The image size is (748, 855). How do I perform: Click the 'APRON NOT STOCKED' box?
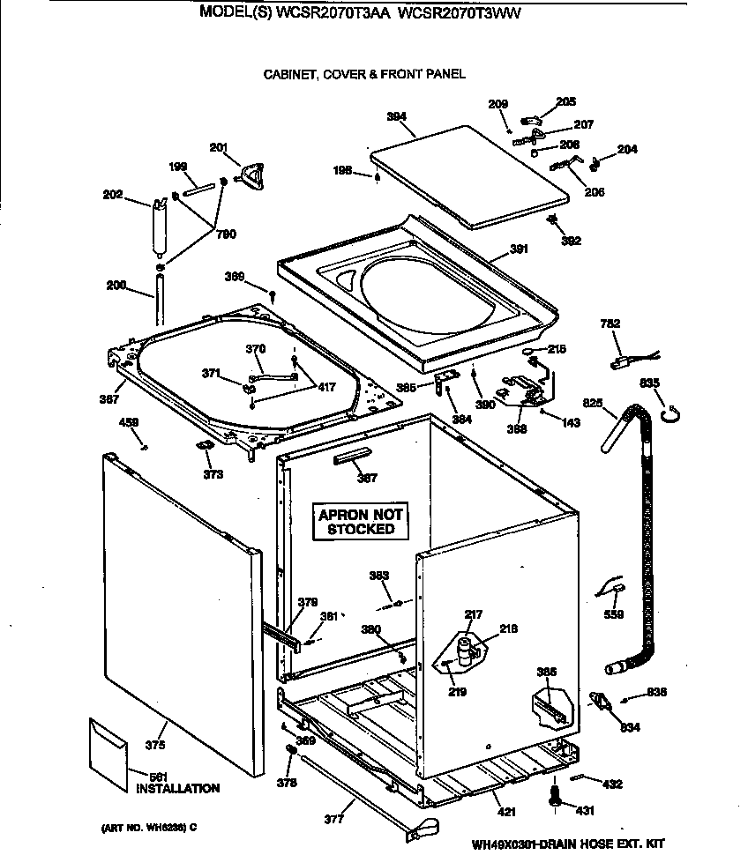click(x=361, y=522)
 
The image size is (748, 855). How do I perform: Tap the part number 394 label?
click(x=396, y=116)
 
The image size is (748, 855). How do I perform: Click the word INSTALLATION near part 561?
click(x=177, y=788)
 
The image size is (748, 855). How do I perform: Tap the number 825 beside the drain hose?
click(x=593, y=403)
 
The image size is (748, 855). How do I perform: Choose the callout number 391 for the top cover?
click(x=519, y=249)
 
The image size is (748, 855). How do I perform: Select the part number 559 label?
click(x=613, y=614)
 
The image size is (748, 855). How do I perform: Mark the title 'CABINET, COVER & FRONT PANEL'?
click(x=364, y=75)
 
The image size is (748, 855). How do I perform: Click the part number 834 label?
click(x=630, y=727)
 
